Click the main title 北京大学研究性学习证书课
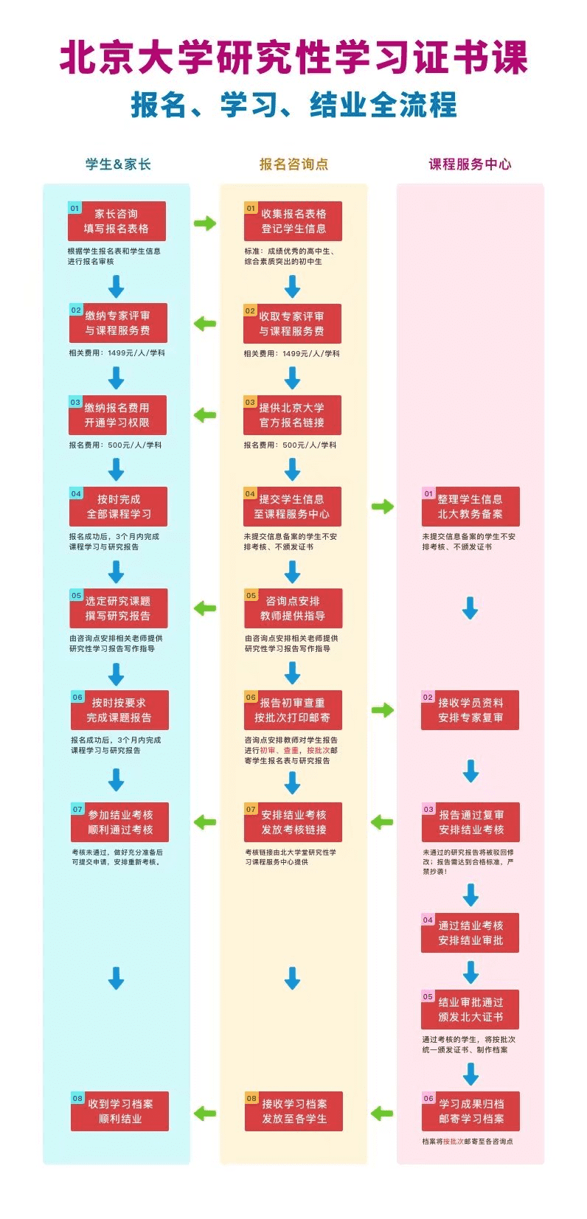[x=293, y=58]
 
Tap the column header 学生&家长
[x=118, y=164]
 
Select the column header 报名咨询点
[x=293, y=164]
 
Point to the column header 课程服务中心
[x=470, y=164]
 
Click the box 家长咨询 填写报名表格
[x=117, y=221]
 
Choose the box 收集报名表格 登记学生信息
[x=293, y=221]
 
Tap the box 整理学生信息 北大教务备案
[x=470, y=507]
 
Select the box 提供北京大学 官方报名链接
[x=293, y=415]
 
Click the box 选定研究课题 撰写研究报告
[x=118, y=608]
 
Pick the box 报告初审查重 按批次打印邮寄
[x=293, y=710]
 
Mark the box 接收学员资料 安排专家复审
[x=470, y=710]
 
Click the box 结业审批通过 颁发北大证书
[x=470, y=1010]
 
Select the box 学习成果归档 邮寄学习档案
[x=470, y=1111]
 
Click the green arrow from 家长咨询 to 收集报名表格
[x=205, y=223]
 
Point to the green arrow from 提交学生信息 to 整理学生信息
[x=382, y=506]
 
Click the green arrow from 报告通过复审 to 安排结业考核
[x=382, y=822]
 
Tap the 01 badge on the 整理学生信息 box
[x=428, y=493]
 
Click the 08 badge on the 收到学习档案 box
[x=77, y=1098]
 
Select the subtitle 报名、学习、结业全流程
[x=293, y=105]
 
